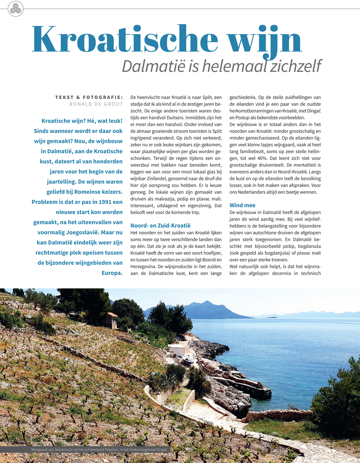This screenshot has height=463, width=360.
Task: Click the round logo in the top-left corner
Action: click(15, 9)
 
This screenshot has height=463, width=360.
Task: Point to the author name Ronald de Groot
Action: click(96, 104)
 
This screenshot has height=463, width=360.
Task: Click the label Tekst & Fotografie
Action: click(89, 97)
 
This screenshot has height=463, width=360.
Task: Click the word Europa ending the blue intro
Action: click(112, 273)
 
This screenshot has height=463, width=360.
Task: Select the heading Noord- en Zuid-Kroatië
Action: click(160, 226)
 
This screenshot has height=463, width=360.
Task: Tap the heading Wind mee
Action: click(242, 205)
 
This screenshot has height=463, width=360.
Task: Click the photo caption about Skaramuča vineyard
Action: click(100, 450)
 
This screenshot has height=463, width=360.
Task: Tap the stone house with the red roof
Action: click(110, 320)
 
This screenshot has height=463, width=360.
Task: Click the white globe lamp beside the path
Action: click(303, 449)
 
